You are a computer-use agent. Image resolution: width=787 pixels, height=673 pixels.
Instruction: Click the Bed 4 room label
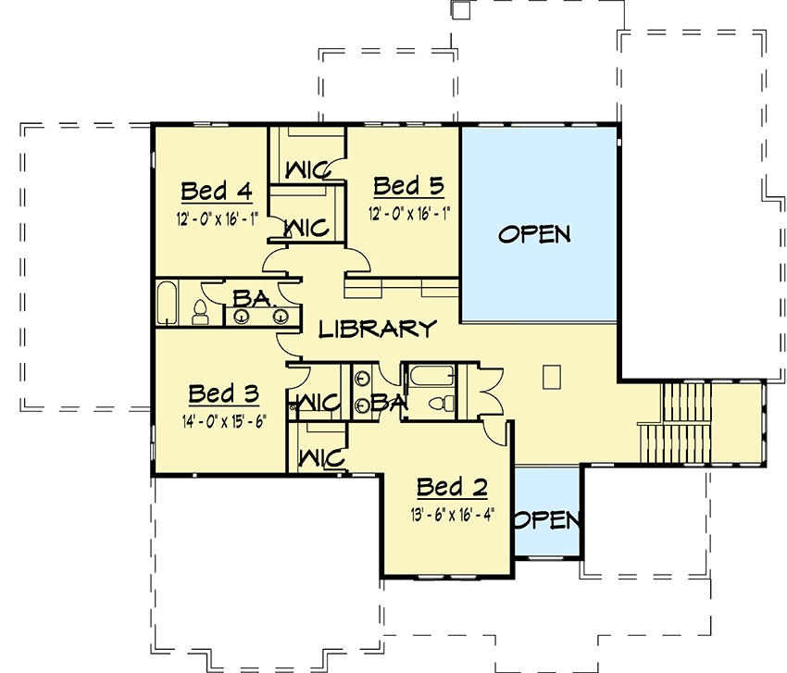point(217,192)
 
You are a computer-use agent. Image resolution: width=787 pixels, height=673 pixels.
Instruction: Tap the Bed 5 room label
point(408,186)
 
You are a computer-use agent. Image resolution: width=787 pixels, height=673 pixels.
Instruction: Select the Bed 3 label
point(223,393)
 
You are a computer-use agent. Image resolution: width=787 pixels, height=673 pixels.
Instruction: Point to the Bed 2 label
point(451,488)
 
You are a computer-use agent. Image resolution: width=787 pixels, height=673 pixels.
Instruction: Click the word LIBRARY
point(377,329)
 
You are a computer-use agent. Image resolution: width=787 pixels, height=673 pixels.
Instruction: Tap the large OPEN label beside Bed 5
point(534,234)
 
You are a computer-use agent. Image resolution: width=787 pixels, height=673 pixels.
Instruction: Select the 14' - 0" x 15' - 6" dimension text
point(223,418)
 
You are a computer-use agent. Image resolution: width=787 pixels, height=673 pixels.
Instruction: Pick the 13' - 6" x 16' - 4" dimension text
point(451,514)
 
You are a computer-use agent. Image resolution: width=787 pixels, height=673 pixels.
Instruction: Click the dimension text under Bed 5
point(408,211)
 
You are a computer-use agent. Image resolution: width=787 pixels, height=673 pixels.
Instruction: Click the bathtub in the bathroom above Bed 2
point(431,377)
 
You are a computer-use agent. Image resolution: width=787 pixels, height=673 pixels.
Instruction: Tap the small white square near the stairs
point(551,377)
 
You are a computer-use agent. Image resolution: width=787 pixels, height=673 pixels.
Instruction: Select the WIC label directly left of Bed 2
point(320,457)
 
